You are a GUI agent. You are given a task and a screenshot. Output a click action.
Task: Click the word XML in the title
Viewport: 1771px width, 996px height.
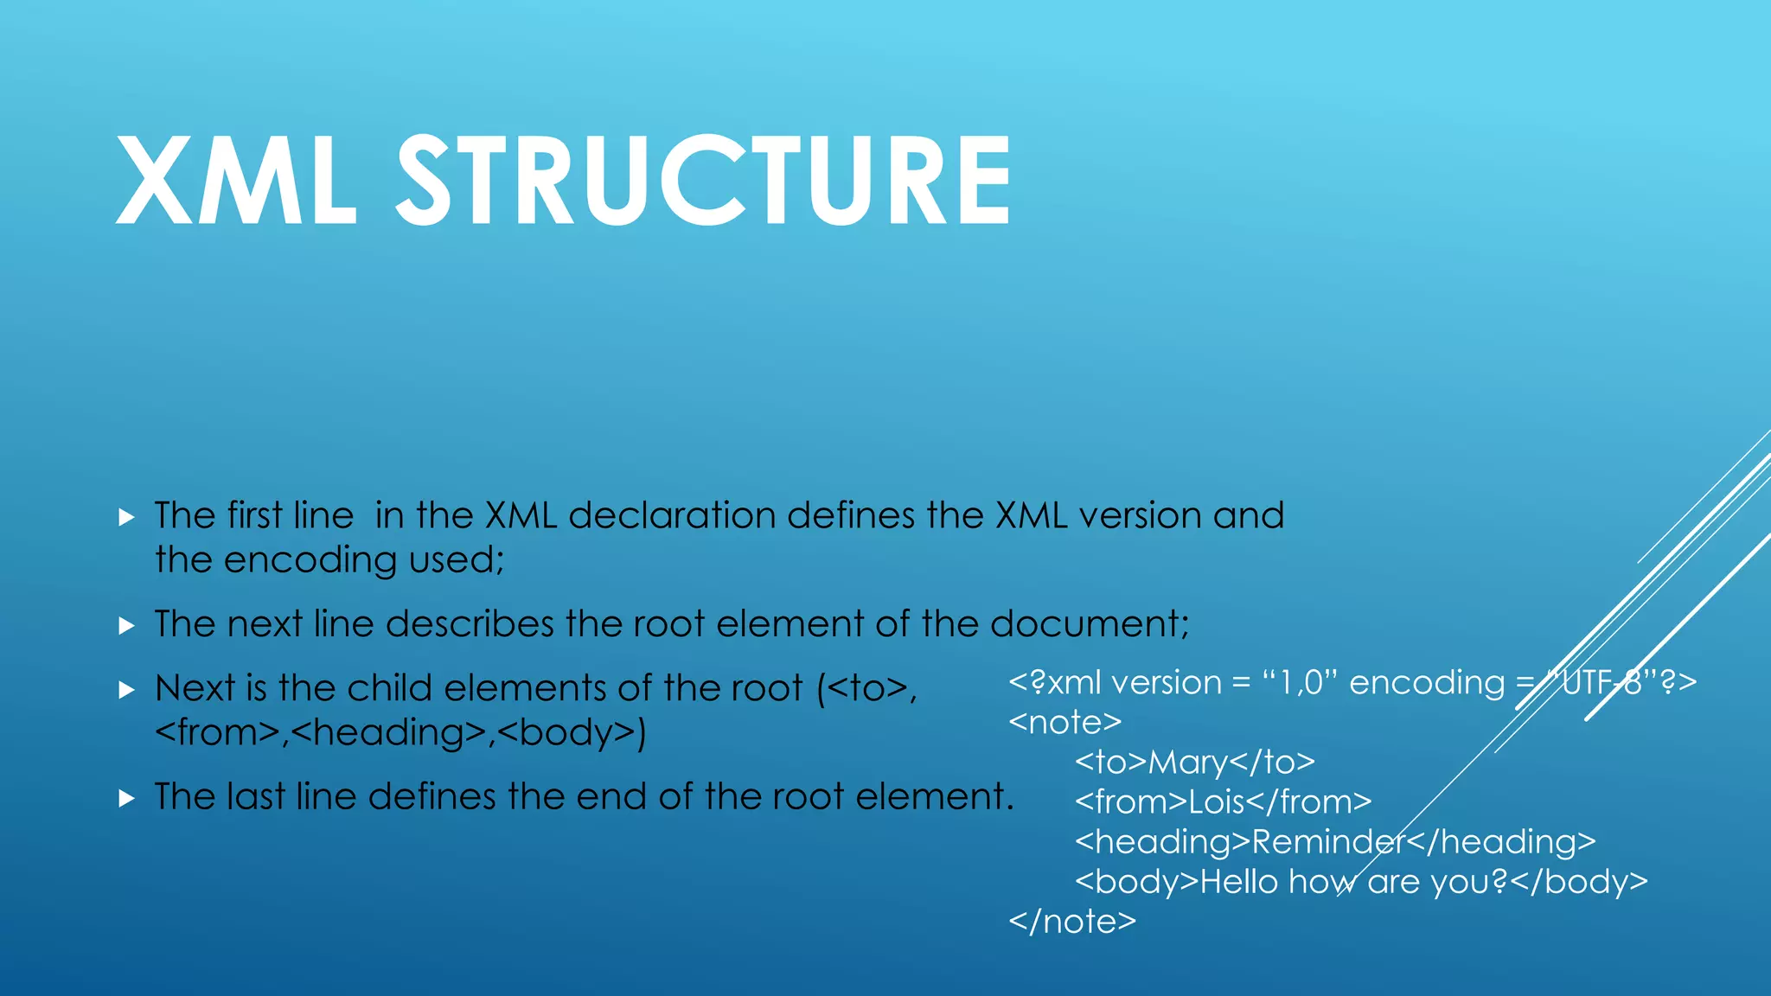pyautogui.click(x=235, y=182)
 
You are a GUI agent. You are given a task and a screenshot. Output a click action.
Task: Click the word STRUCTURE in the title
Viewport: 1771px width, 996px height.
pyautogui.click(x=702, y=182)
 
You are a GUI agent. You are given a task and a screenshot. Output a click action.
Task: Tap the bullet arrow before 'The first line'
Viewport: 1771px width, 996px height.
pyautogui.click(x=127, y=518)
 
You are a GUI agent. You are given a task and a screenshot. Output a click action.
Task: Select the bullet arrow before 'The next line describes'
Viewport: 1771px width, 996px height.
pyautogui.click(x=127, y=626)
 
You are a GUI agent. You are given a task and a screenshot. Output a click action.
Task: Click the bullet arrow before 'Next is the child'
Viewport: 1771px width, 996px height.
pyautogui.click(x=127, y=690)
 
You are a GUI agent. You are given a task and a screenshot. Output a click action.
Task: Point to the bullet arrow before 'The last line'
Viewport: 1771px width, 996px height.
pyautogui.click(x=127, y=798)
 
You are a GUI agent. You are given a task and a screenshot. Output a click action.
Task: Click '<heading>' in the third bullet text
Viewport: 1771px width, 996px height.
pyautogui.click(x=388, y=733)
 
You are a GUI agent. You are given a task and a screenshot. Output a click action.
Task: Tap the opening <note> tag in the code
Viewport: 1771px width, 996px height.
pyautogui.click(x=1065, y=723)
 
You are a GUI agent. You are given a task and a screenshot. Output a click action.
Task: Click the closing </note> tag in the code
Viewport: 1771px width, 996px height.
pyautogui.click(x=1072, y=922)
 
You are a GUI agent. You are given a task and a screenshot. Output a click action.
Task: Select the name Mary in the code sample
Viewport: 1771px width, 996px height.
pyautogui.click(x=1187, y=763)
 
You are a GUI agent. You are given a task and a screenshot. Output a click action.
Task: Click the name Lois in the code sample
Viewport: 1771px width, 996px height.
pyautogui.click(x=1216, y=802)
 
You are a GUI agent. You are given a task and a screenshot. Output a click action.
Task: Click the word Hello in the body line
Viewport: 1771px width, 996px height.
pyautogui.click(x=1238, y=882)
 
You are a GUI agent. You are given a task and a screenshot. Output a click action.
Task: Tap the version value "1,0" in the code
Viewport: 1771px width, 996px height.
pyautogui.click(x=1299, y=683)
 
